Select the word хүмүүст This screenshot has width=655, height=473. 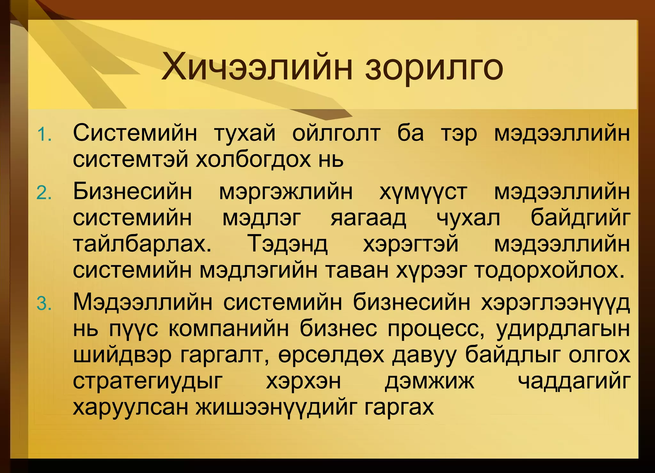click(x=423, y=192)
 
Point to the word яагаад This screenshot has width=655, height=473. click(x=368, y=218)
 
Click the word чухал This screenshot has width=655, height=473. click(x=468, y=218)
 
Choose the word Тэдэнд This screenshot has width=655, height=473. click(x=288, y=244)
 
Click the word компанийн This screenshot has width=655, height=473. click(x=229, y=328)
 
